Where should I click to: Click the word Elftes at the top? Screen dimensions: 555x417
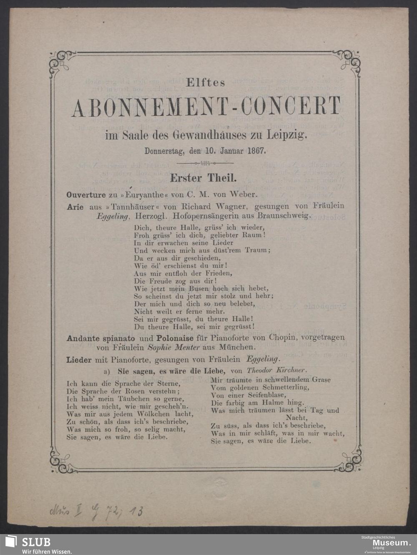click(x=205, y=82)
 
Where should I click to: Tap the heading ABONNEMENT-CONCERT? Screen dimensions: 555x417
click(x=206, y=107)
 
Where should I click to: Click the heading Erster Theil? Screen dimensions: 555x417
click(x=203, y=178)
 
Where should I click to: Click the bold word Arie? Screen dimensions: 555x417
click(x=75, y=206)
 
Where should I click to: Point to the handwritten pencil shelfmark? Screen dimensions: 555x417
click(x=96, y=511)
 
